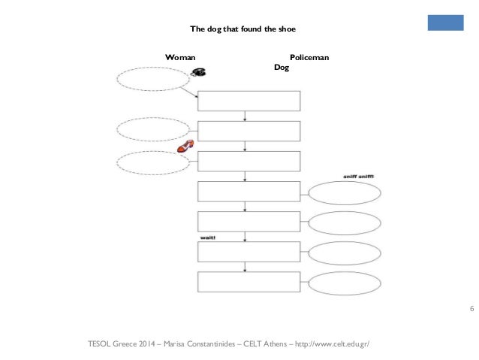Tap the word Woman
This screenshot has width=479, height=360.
(181, 57)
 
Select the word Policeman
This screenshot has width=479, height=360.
(308, 57)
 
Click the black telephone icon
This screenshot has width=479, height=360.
(199, 72)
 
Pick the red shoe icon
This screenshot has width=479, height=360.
(185, 147)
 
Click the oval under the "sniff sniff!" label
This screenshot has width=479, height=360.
(345, 192)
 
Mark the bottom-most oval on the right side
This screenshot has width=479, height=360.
(345, 283)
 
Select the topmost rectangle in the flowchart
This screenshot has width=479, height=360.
(249, 101)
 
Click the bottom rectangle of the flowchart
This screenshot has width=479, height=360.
(249, 282)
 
